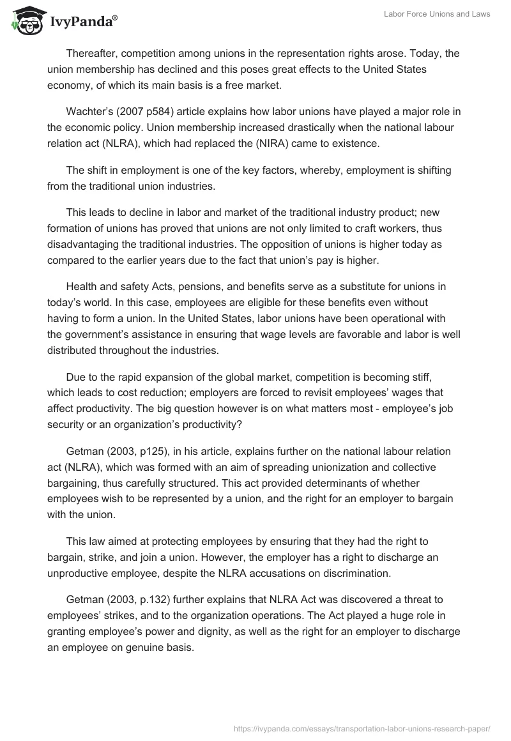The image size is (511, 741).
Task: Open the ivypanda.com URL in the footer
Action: (x=362, y=728)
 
